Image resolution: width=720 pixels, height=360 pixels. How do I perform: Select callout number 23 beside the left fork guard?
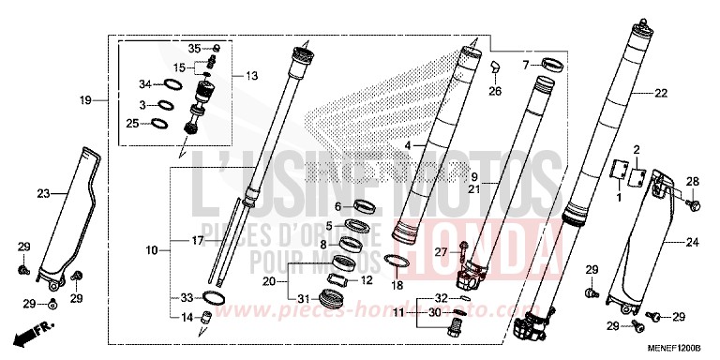click(x=43, y=194)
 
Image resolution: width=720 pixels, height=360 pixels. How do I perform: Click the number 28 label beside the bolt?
click(x=694, y=181)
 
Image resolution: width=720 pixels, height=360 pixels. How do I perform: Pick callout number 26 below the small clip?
click(x=495, y=91)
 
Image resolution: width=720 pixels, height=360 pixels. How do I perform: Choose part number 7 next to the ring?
click(x=527, y=65)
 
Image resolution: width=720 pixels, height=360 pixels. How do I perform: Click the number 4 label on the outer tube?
click(x=408, y=146)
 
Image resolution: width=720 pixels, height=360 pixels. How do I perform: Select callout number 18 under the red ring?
click(x=397, y=285)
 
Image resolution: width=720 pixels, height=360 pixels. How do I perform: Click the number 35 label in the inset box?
click(x=194, y=47)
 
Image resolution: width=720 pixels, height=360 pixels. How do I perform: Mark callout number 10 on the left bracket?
click(x=151, y=250)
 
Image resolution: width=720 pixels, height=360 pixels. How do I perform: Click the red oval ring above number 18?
click(x=397, y=261)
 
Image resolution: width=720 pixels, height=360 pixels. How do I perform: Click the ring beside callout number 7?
click(x=553, y=67)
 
